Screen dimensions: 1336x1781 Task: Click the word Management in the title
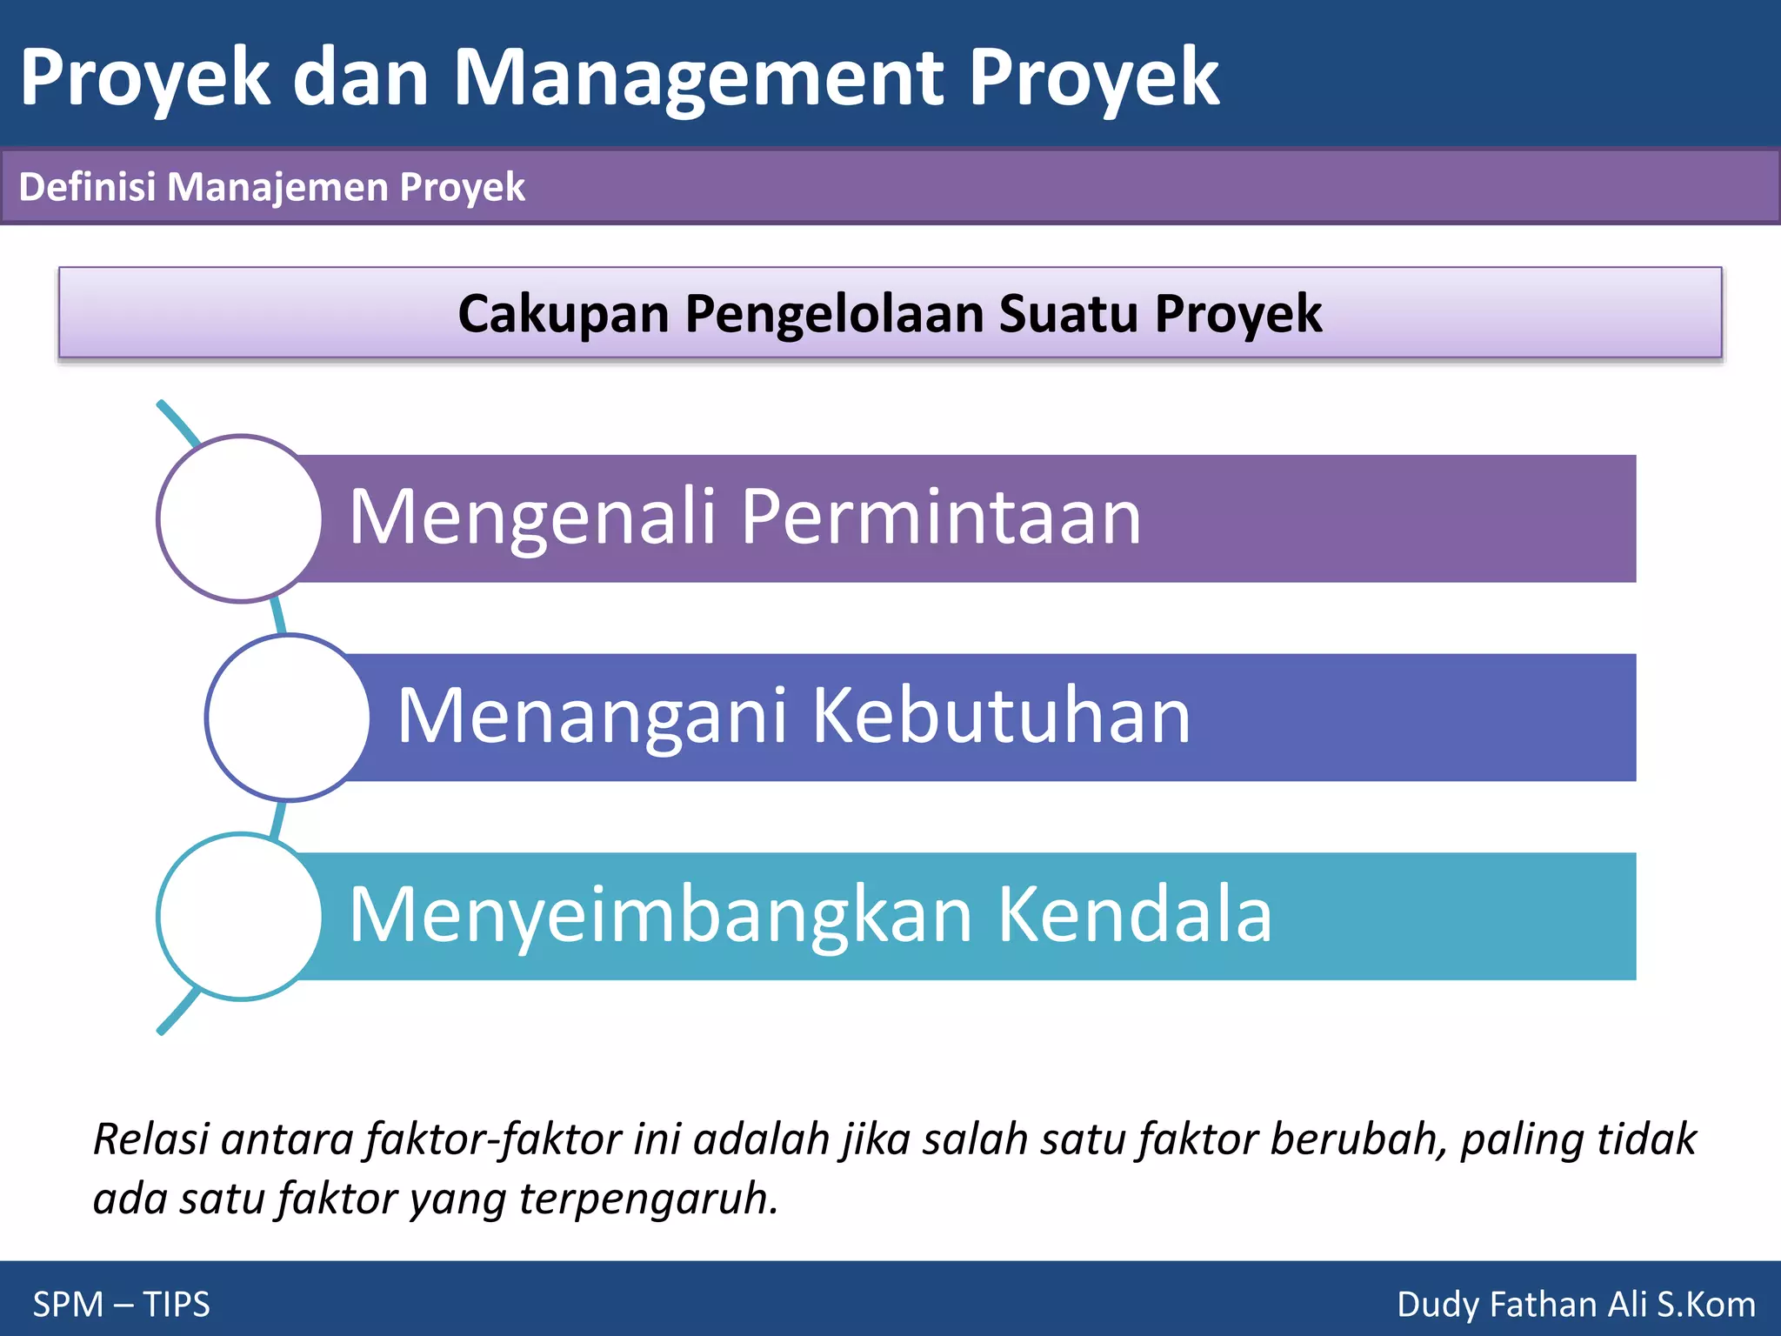point(698,78)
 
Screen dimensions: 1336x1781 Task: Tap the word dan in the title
point(361,78)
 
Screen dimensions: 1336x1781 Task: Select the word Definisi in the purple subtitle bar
point(87,187)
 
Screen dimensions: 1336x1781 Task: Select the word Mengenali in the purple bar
point(532,518)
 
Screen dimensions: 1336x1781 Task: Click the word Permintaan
point(941,518)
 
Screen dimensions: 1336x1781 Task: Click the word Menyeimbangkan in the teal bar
point(661,916)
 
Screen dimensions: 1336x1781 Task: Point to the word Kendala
point(1134,916)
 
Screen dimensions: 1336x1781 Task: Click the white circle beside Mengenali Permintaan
point(241,518)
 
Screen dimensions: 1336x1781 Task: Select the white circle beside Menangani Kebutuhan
point(289,718)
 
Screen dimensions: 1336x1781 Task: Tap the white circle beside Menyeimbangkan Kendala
point(241,917)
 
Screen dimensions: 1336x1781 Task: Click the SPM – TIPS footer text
point(122,1305)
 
